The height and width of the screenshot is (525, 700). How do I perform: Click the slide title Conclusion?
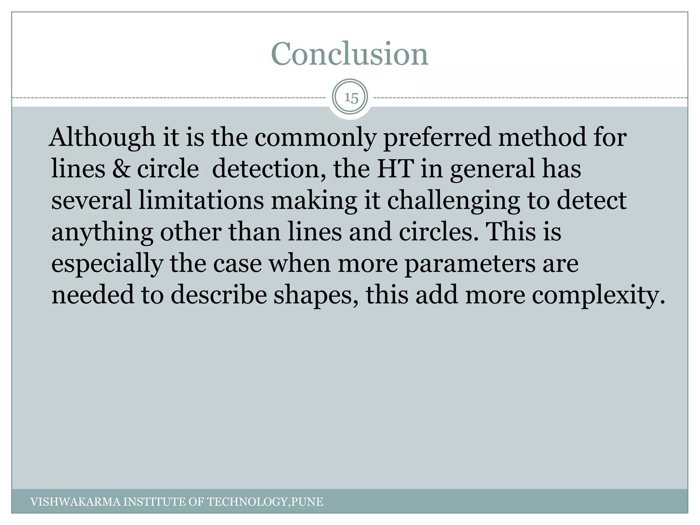coord(349,54)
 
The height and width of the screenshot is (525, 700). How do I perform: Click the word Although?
coord(102,137)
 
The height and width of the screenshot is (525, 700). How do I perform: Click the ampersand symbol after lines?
coord(121,169)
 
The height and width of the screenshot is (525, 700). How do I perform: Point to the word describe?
coord(218,295)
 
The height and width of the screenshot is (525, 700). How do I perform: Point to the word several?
coord(91,200)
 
